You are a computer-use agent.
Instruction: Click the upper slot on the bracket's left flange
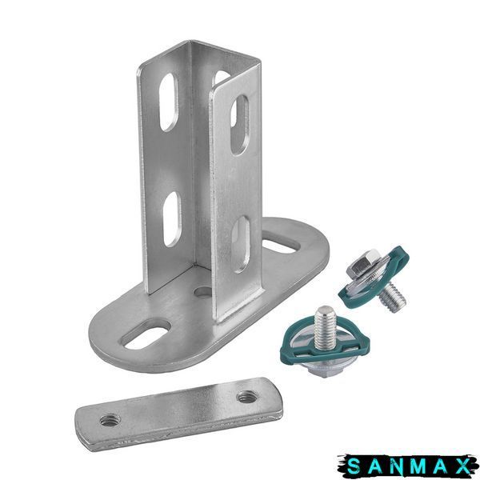pyautogui.click(x=168, y=102)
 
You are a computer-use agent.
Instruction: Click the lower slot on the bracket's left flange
pyautogui.click(x=172, y=219)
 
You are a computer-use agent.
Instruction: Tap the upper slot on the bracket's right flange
pyautogui.click(x=240, y=125)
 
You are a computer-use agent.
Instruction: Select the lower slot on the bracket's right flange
pyautogui.click(x=241, y=245)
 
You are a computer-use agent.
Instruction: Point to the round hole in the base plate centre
pyautogui.click(x=203, y=292)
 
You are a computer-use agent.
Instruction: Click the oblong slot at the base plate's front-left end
pyautogui.click(x=146, y=334)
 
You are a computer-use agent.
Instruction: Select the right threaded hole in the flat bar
pyautogui.click(x=247, y=398)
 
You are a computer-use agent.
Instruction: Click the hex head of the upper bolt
pyautogui.click(x=364, y=262)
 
